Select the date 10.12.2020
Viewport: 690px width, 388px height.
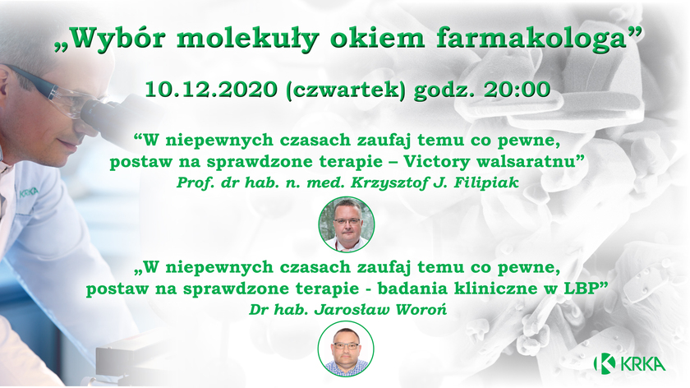(x=211, y=90)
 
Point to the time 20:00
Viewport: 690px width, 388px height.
(x=517, y=90)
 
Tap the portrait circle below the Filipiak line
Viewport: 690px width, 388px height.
(x=347, y=224)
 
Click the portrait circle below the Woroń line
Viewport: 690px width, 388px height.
(x=346, y=349)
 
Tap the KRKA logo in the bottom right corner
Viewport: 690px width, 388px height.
(x=629, y=363)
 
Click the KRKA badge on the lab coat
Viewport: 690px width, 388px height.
(x=29, y=192)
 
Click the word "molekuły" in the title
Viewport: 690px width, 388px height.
(x=248, y=39)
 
